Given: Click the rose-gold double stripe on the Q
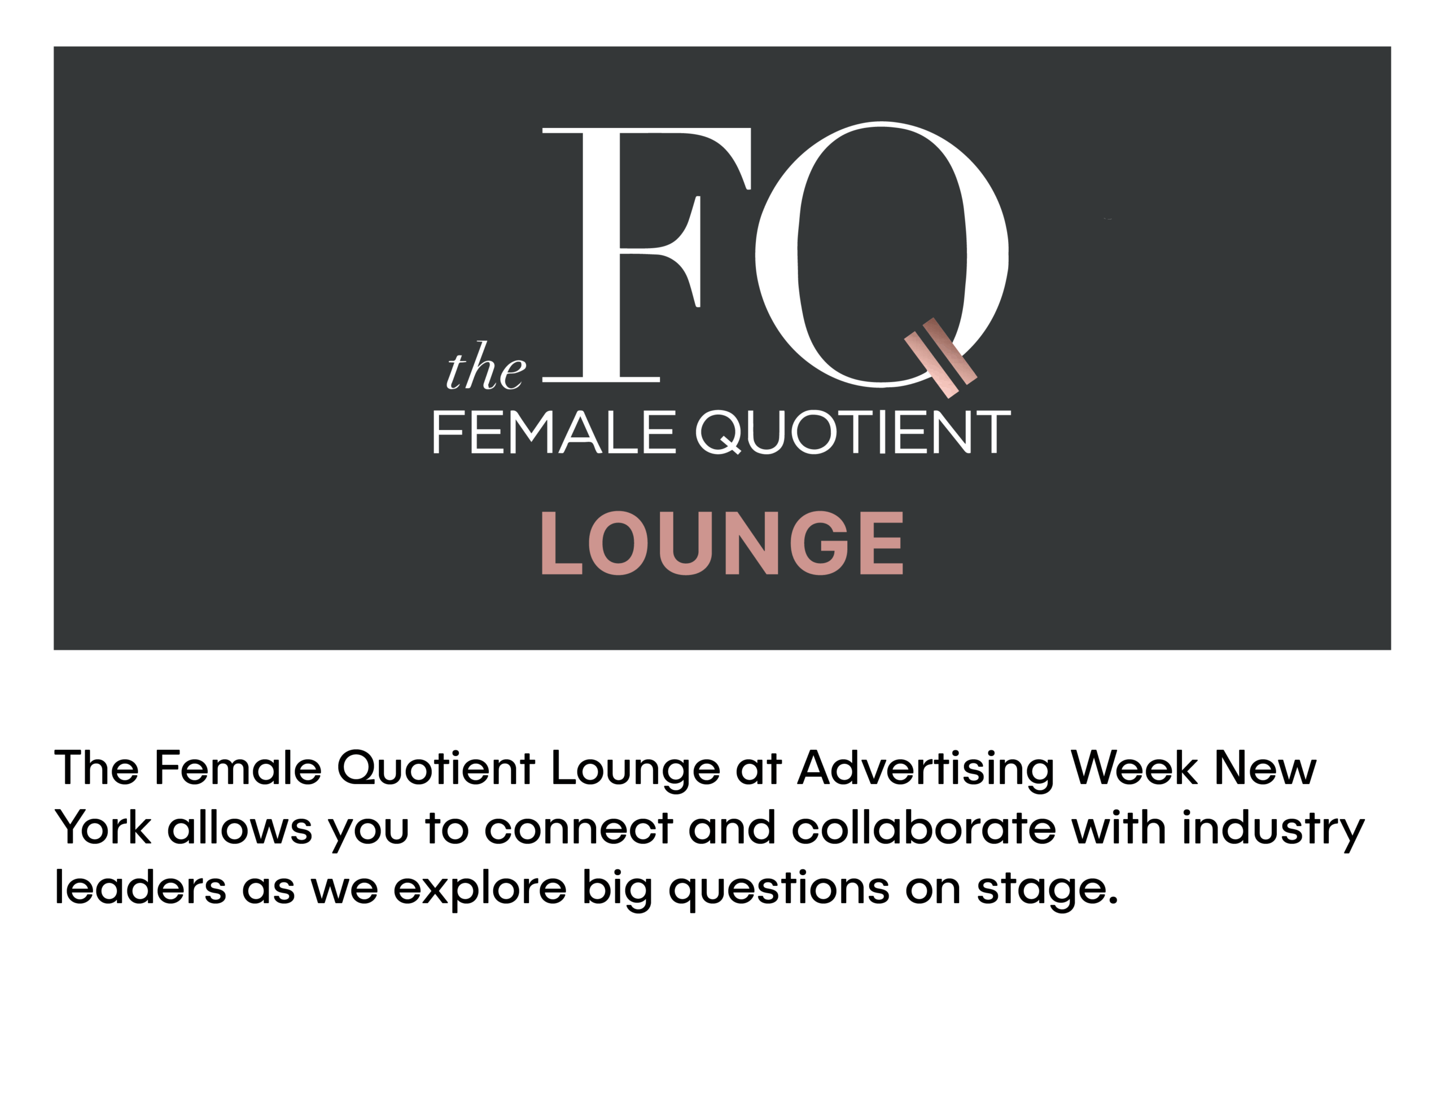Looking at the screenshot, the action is click(x=940, y=358).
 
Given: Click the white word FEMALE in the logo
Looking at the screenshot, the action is click(x=554, y=432).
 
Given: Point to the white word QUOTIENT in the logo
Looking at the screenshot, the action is click(x=853, y=432).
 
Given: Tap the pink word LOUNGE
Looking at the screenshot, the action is click(x=722, y=543).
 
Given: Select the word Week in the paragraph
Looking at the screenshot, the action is click(x=1134, y=768).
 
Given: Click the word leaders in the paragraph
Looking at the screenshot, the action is click(x=140, y=887).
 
